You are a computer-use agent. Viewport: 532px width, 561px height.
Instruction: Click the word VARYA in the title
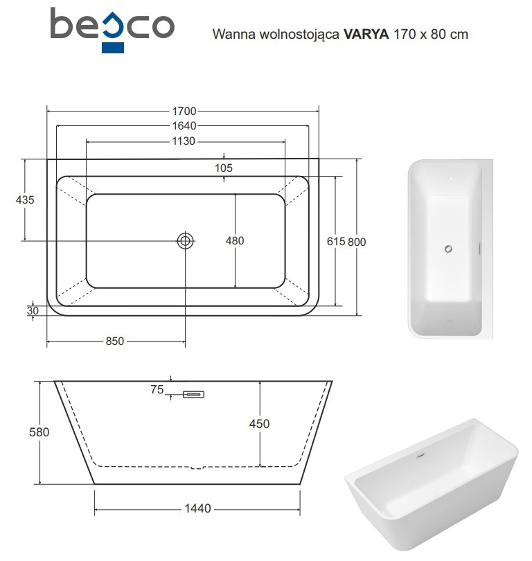(x=366, y=33)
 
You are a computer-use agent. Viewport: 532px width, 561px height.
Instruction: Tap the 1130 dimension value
(x=184, y=141)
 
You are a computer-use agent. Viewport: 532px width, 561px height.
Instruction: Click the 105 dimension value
(x=223, y=168)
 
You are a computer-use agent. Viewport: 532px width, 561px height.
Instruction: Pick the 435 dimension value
(x=25, y=199)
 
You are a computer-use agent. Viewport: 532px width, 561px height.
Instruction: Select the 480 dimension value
(x=235, y=240)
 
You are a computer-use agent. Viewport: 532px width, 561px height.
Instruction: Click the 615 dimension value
(x=335, y=241)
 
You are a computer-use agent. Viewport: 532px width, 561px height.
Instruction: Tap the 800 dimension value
(x=357, y=241)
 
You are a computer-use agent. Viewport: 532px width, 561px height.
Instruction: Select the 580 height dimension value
(x=39, y=432)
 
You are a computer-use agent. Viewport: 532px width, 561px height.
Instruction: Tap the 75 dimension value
(x=157, y=390)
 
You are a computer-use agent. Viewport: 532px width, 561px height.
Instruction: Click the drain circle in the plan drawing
(x=186, y=240)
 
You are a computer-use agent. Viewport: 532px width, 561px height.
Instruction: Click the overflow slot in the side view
(x=194, y=395)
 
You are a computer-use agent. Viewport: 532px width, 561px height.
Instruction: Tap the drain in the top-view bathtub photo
(x=448, y=249)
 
